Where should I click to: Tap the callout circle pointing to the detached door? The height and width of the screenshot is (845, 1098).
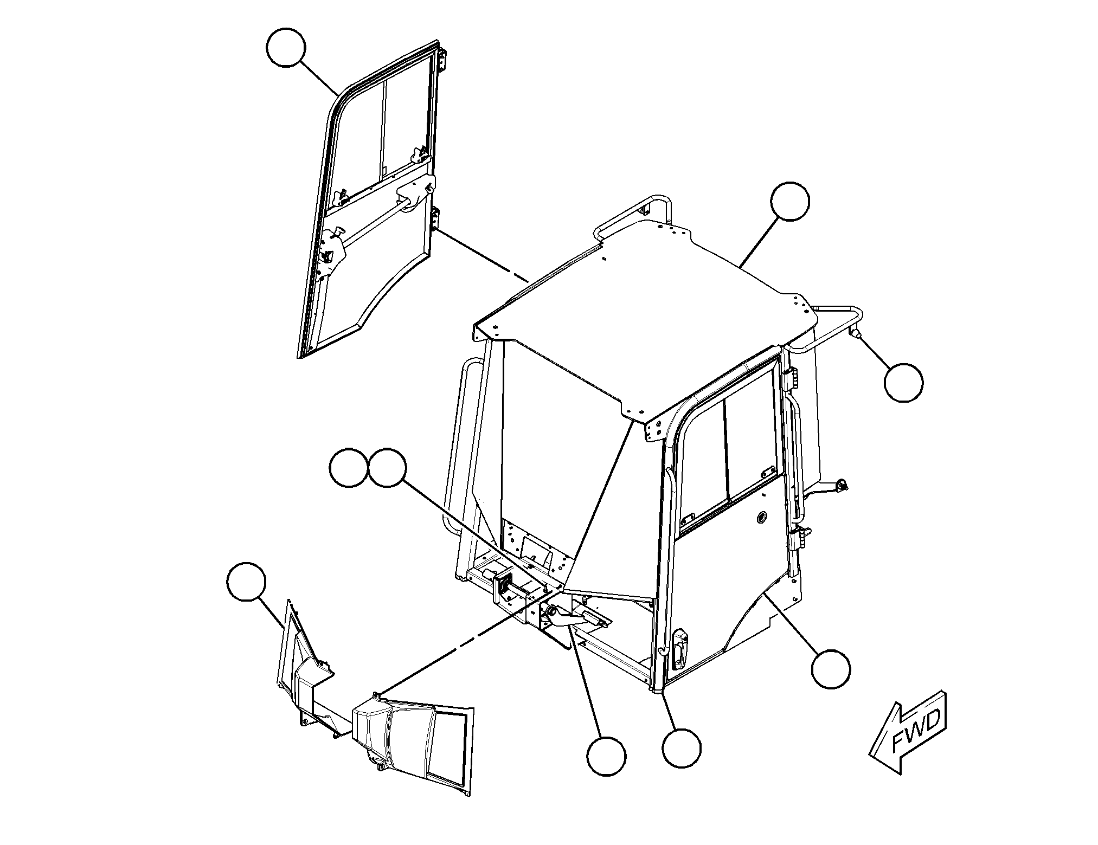tap(286, 48)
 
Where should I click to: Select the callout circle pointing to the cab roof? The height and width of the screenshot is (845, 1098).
tap(790, 201)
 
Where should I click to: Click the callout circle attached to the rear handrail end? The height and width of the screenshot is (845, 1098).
tap(903, 383)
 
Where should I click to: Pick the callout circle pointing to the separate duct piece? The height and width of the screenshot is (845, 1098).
tap(247, 581)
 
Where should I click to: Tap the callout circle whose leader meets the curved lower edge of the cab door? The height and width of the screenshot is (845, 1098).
tap(831, 669)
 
